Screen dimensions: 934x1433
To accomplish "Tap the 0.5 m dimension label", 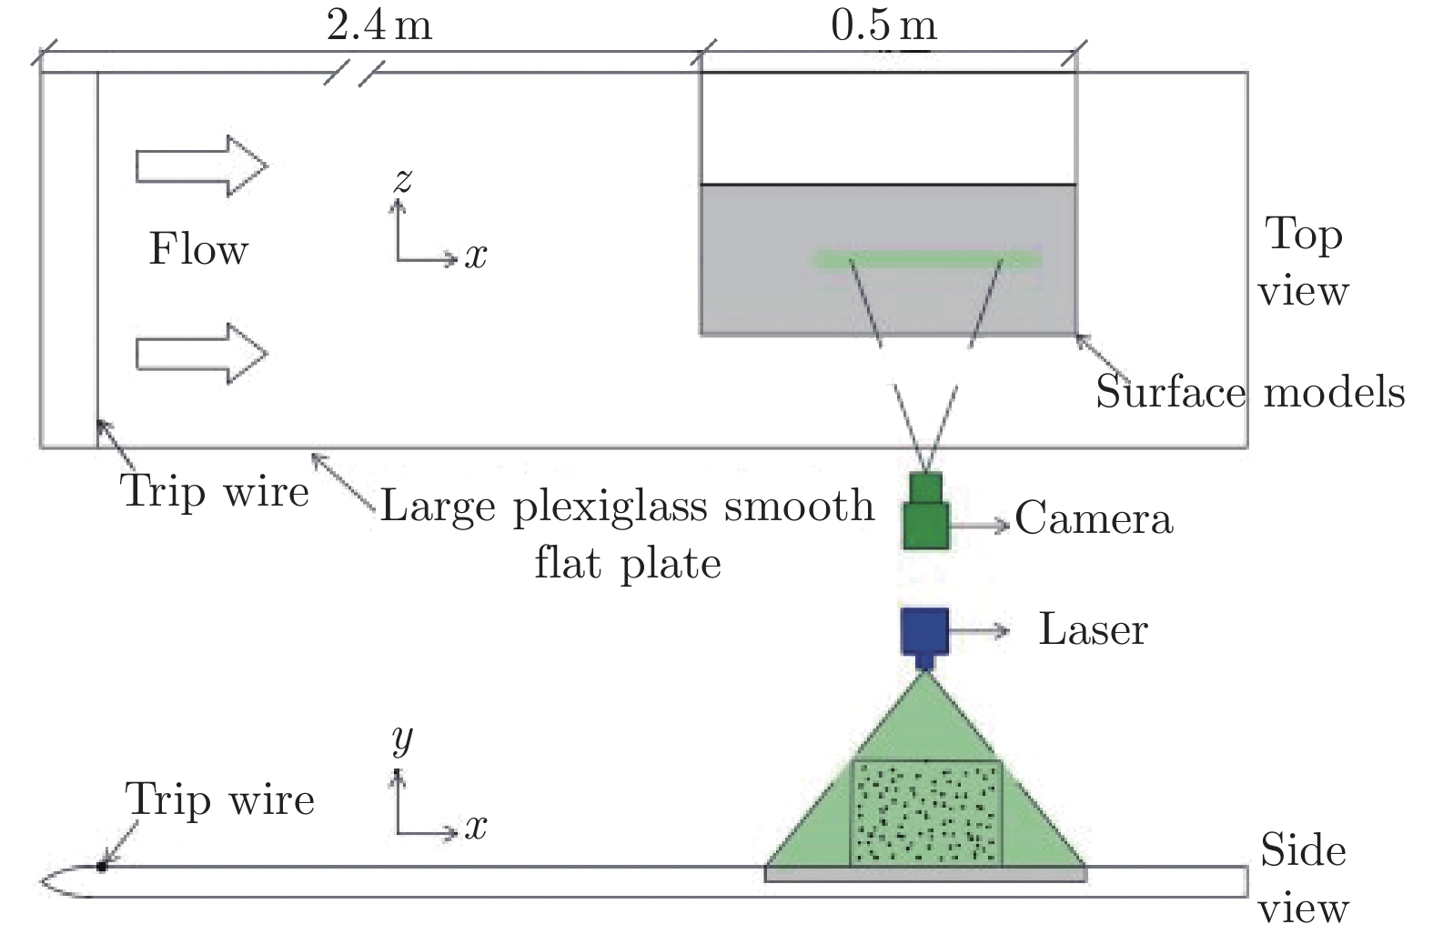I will [x=883, y=25].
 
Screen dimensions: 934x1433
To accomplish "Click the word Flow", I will [x=198, y=249].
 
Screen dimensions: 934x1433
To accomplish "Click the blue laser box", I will [x=924, y=632].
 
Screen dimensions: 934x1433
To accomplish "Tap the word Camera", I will [x=1094, y=519].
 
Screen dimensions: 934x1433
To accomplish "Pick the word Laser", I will [x=1093, y=629].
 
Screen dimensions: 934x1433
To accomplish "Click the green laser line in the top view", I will [x=926, y=259].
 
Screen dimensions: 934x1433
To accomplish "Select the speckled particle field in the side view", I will [x=925, y=812].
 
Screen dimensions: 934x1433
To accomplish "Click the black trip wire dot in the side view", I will [x=102, y=867].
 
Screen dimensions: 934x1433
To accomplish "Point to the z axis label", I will [x=402, y=180].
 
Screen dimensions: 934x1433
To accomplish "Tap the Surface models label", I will [x=1249, y=392].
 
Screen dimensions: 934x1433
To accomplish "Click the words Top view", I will [x=1302, y=262].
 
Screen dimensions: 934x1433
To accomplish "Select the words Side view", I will [x=1302, y=879].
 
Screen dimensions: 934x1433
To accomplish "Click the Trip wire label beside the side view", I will [x=220, y=800].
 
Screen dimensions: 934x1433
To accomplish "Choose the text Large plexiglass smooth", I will [x=626, y=506].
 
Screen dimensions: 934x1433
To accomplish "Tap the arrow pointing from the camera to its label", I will [x=981, y=525].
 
